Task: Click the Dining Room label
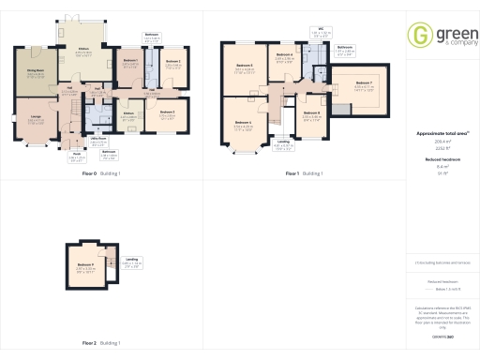coord(36,69)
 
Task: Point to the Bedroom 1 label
coord(129,61)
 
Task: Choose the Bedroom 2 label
coord(172,61)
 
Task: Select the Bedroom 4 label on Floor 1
coord(284,54)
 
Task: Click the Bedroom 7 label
coord(364,83)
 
